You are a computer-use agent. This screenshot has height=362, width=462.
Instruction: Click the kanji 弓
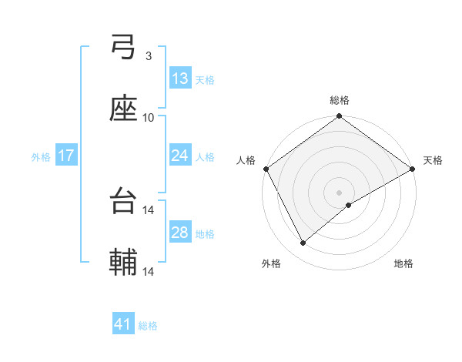[x=124, y=49]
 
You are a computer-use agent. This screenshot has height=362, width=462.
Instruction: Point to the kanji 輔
[x=124, y=263]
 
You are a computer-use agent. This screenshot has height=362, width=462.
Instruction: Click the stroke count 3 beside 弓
[x=148, y=56]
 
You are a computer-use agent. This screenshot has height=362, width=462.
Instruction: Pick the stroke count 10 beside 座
[x=149, y=117]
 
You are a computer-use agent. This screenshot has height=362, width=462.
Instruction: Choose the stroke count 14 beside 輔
[x=149, y=271]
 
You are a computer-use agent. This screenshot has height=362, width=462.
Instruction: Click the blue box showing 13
[x=180, y=79]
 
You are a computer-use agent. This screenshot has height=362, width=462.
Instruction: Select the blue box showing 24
[x=180, y=156]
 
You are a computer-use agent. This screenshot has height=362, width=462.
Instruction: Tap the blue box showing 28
[x=180, y=233]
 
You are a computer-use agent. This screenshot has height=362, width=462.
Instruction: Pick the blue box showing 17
[x=66, y=156]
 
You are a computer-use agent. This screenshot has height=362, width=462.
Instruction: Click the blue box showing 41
[x=123, y=324]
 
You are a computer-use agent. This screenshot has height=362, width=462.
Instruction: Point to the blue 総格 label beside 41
[x=148, y=326]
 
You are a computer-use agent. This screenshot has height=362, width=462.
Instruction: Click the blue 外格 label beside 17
[x=41, y=157]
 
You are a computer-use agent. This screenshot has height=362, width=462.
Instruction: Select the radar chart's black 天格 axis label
[x=433, y=160]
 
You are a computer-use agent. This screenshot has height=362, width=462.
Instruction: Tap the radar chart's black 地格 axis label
[x=403, y=263]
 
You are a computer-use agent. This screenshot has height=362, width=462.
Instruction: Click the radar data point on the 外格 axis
[x=303, y=243]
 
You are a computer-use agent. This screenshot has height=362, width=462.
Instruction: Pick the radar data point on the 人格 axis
[x=266, y=169]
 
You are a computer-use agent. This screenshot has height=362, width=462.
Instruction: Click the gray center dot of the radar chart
[x=339, y=193]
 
